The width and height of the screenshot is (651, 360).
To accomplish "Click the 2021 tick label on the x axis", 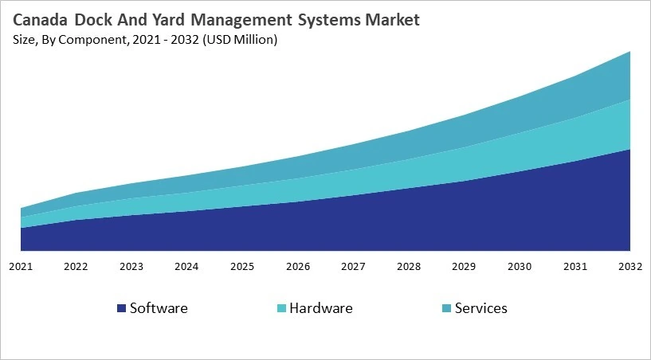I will coord(20,265).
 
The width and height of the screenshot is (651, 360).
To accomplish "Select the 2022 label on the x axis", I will coord(76,265).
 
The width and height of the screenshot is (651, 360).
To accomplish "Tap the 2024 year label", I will coord(186,265).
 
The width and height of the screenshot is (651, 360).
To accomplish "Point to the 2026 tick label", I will coord(297,265).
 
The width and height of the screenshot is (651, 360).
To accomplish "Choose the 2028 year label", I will coord(408,265).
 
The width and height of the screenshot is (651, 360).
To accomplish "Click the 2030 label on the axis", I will coord(520,265).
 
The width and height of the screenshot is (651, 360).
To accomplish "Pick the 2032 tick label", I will coord(629,265).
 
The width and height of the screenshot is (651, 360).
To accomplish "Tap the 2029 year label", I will coord(464,265).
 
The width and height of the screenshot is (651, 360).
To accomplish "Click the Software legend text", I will coord(159,307).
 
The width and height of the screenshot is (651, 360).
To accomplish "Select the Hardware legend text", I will coord(320,307).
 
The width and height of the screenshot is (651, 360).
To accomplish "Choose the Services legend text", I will coord(480,307).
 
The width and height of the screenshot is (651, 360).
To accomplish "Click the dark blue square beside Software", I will coord(121,308).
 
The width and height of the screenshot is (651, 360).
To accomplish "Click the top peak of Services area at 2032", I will coord(630,52).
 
